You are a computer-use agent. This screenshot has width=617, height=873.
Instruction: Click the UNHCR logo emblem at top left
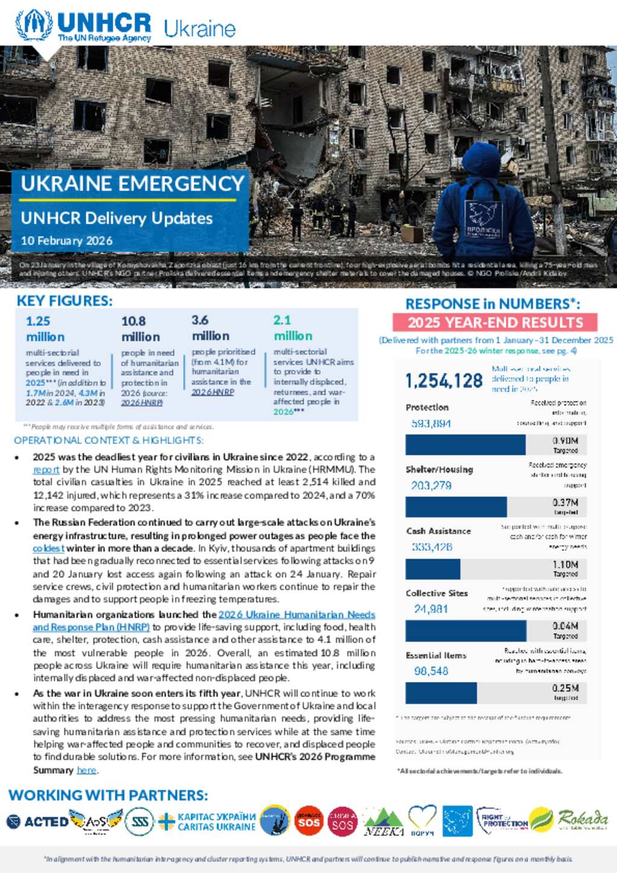point(34,25)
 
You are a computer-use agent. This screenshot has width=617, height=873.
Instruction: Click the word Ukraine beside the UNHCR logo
point(199,29)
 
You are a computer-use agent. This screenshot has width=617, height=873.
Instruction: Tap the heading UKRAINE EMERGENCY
point(132,184)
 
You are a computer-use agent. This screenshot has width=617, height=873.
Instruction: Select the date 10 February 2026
point(66,240)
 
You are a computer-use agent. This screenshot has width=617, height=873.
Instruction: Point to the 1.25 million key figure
point(45,329)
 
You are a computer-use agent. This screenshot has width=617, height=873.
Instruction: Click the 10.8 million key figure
point(140,329)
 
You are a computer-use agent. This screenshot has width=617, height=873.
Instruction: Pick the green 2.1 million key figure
point(293,328)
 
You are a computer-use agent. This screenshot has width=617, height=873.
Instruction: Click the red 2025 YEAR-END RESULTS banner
point(495,322)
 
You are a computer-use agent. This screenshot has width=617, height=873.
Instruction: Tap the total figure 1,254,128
point(443,381)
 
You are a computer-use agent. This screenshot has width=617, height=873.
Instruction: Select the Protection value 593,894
point(431,424)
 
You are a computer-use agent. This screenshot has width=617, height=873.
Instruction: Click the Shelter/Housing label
point(439,469)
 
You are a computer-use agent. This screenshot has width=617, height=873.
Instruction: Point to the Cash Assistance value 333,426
point(432,547)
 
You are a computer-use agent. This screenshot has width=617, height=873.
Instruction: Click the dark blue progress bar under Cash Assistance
point(433,569)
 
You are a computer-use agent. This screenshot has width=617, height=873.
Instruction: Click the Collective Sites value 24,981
point(431,609)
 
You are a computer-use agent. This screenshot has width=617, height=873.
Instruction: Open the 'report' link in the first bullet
point(46,470)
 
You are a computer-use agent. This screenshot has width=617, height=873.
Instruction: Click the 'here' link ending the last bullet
point(86,770)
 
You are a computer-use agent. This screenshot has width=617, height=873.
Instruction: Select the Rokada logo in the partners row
point(582,819)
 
